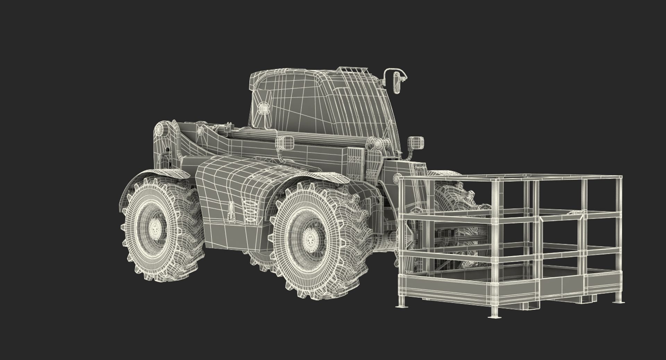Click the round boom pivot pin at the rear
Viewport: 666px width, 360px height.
[159, 131]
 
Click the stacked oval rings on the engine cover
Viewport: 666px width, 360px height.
[250, 212]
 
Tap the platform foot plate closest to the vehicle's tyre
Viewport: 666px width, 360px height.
[402, 305]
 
